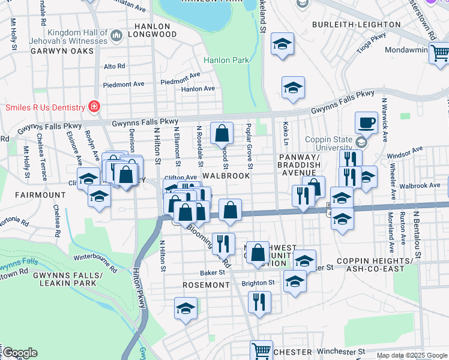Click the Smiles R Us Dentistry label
pyautogui.click(x=44, y=107)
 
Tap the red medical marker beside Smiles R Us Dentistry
pyautogui.click(x=94, y=107)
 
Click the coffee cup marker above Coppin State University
pyautogui.click(x=366, y=124)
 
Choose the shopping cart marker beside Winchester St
pyautogui.click(x=261, y=351)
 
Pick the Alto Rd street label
pyautogui.click(x=114, y=66)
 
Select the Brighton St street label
pyautogui.click(x=258, y=283)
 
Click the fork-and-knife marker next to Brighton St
pyautogui.click(x=259, y=301)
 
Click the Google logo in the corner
pyautogui.click(x=20, y=353)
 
